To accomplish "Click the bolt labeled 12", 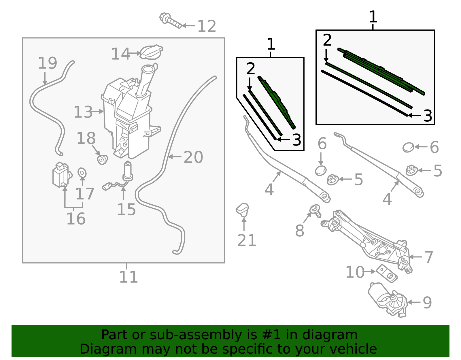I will [170, 21].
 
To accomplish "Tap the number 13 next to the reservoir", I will [83, 112].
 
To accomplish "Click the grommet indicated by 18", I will [102, 159].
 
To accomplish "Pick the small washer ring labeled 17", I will [82, 173].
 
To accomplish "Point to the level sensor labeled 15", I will [127, 173].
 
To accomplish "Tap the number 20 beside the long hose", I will [193, 157].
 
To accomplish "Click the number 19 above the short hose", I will [48, 63].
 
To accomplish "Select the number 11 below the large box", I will [129, 277].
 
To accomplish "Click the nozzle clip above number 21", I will [243, 209].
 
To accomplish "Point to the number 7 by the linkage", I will [429, 257].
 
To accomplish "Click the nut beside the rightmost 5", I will [411, 170].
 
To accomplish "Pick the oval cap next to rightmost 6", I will [408, 147].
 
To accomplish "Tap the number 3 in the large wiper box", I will [428, 116].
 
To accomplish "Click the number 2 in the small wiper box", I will [251, 69].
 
